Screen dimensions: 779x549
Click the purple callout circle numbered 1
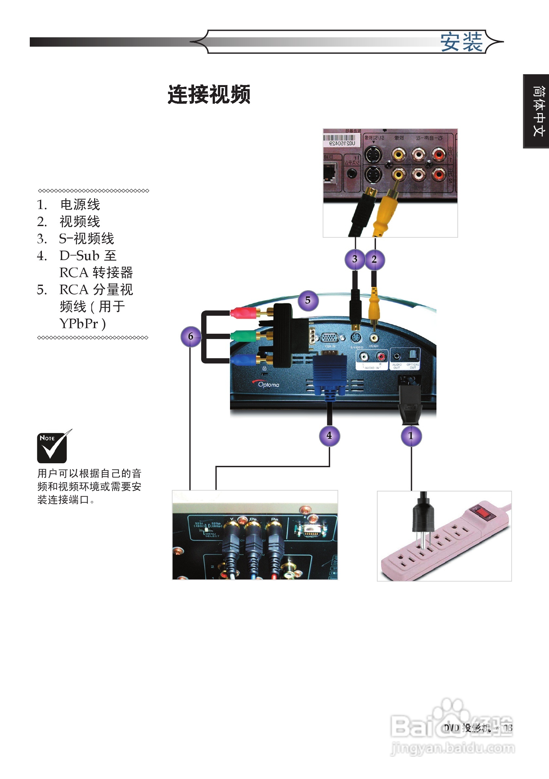click(411, 436)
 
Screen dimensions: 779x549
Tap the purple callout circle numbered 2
click(375, 260)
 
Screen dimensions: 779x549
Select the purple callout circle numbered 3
click(355, 260)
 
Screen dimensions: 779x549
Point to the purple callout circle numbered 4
click(329, 436)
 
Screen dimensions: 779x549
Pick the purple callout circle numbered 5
click(308, 301)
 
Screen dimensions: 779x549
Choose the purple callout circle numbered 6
click(191, 337)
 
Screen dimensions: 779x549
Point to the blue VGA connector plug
click(329, 375)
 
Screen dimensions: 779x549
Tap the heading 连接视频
click(209, 95)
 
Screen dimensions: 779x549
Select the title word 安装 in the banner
click(461, 43)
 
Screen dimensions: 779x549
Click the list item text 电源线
click(80, 204)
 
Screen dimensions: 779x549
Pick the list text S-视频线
click(86, 239)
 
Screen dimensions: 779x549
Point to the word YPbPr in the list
click(79, 324)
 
